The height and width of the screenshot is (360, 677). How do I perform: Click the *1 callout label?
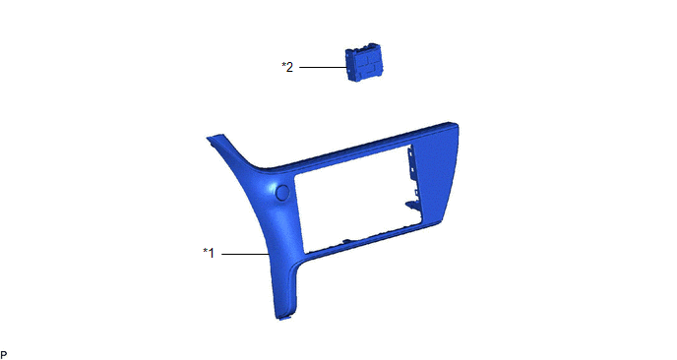(209, 253)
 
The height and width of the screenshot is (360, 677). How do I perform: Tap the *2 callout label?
(287, 67)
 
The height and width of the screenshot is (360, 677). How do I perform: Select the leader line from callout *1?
(246, 254)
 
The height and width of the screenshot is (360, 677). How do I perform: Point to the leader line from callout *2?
(323, 67)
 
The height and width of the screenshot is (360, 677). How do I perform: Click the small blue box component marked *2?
(363, 62)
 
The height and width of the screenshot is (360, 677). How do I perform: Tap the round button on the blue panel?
(282, 193)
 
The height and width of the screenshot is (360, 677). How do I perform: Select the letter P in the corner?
(4, 355)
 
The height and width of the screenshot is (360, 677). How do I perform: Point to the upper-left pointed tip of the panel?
(208, 138)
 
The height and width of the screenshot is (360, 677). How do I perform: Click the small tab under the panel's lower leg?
(284, 320)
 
